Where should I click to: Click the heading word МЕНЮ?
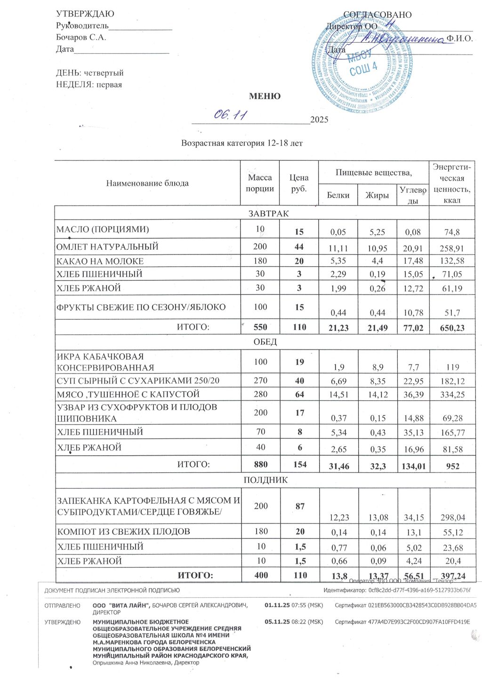click(x=265, y=96)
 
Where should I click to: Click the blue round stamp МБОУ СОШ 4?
click(x=363, y=63)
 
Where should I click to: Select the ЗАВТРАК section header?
click(x=268, y=214)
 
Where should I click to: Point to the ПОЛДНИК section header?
click(x=265, y=480)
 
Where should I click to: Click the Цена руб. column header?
click(x=299, y=183)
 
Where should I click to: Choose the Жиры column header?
click(x=377, y=195)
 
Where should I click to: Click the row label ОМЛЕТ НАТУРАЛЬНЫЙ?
click(x=107, y=247)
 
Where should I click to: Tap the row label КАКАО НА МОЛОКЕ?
click(x=100, y=261)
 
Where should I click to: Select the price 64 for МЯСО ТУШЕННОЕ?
click(x=299, y=395)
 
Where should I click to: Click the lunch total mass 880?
click(x=260, y=464)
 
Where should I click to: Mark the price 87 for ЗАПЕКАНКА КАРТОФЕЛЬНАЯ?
click(x=299, y=507)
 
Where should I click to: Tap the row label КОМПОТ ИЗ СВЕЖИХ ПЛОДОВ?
click(x=124, y=532)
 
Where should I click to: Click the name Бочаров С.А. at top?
click(x=81, y=38)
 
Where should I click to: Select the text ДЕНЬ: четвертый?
click(x=90, y=73)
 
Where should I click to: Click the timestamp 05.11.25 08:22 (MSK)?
click(x=294, y=622)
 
